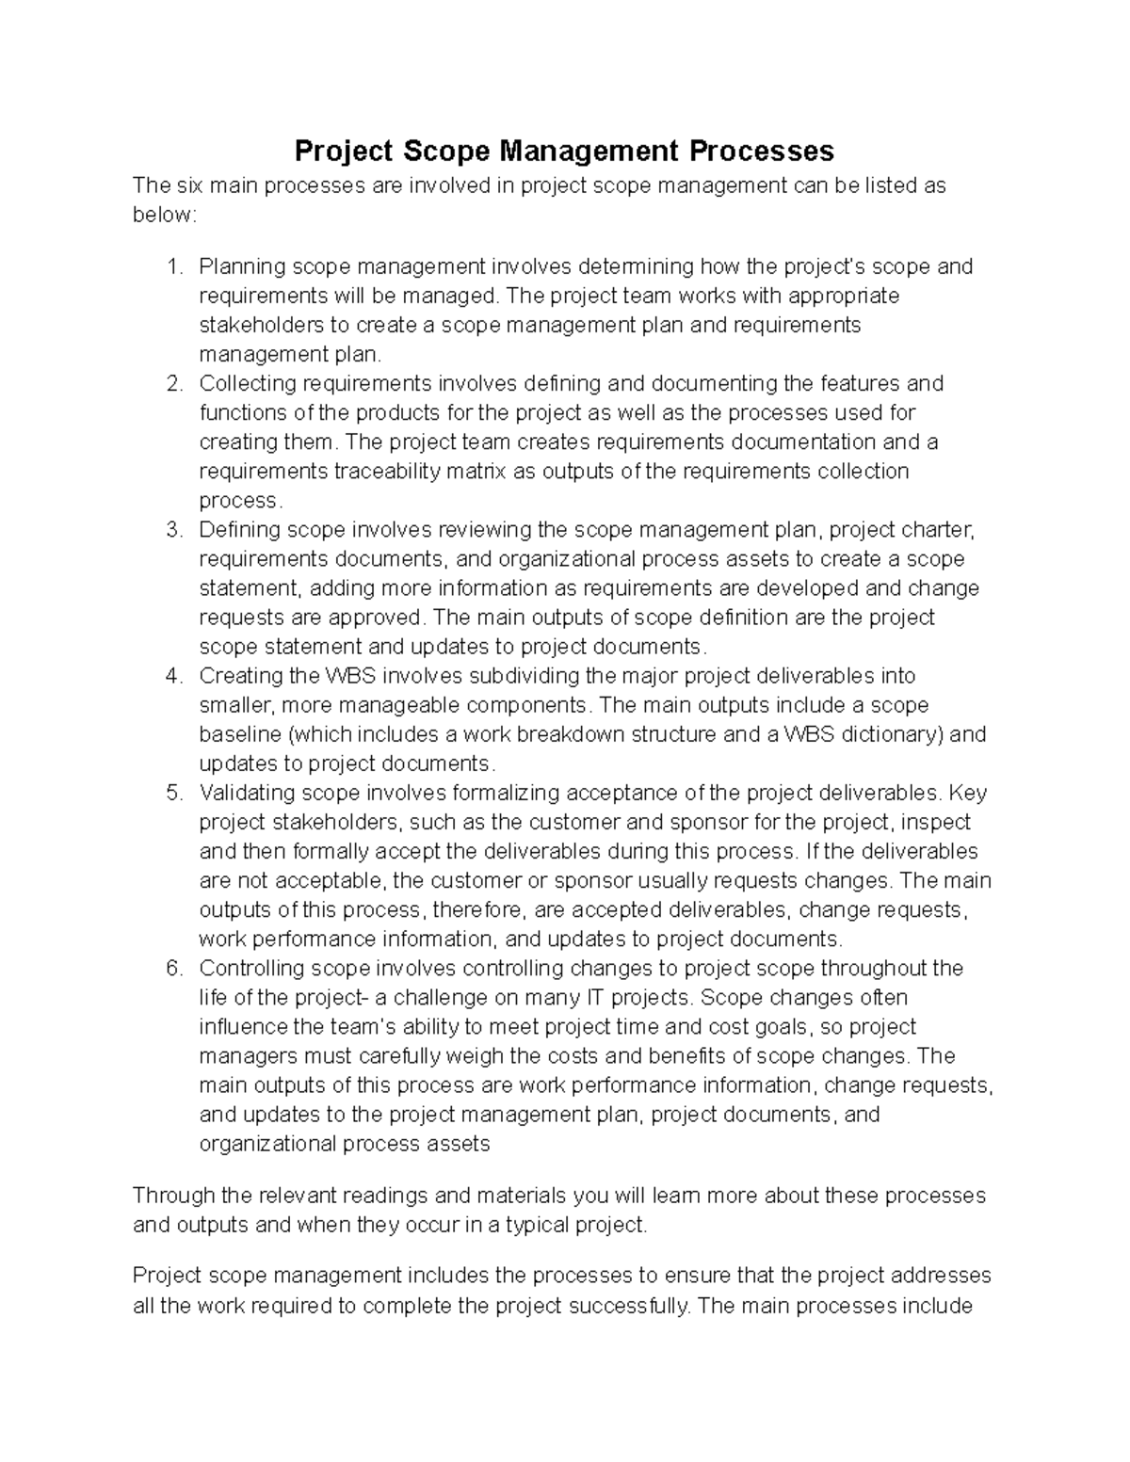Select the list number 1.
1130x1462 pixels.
[173, 267]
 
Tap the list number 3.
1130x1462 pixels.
[173, 530]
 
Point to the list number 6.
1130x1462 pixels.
[173, 968]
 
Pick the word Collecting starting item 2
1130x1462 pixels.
[248, 384]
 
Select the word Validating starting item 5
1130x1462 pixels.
[247, 793]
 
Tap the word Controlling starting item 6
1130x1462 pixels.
[252, 968]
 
